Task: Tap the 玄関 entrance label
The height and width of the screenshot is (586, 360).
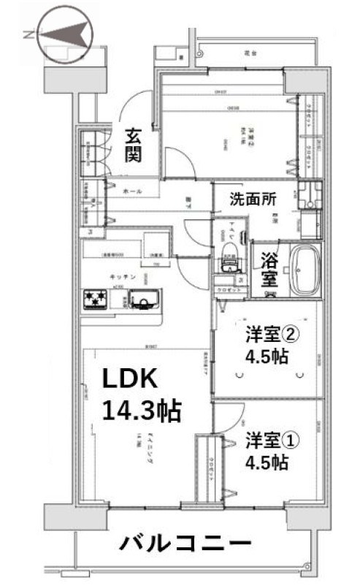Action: point(132,144)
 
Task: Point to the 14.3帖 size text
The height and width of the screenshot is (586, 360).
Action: point(141,411)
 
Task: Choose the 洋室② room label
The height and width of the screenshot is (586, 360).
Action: point(272,335)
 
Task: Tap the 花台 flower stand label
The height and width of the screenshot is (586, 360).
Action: point(250,53)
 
